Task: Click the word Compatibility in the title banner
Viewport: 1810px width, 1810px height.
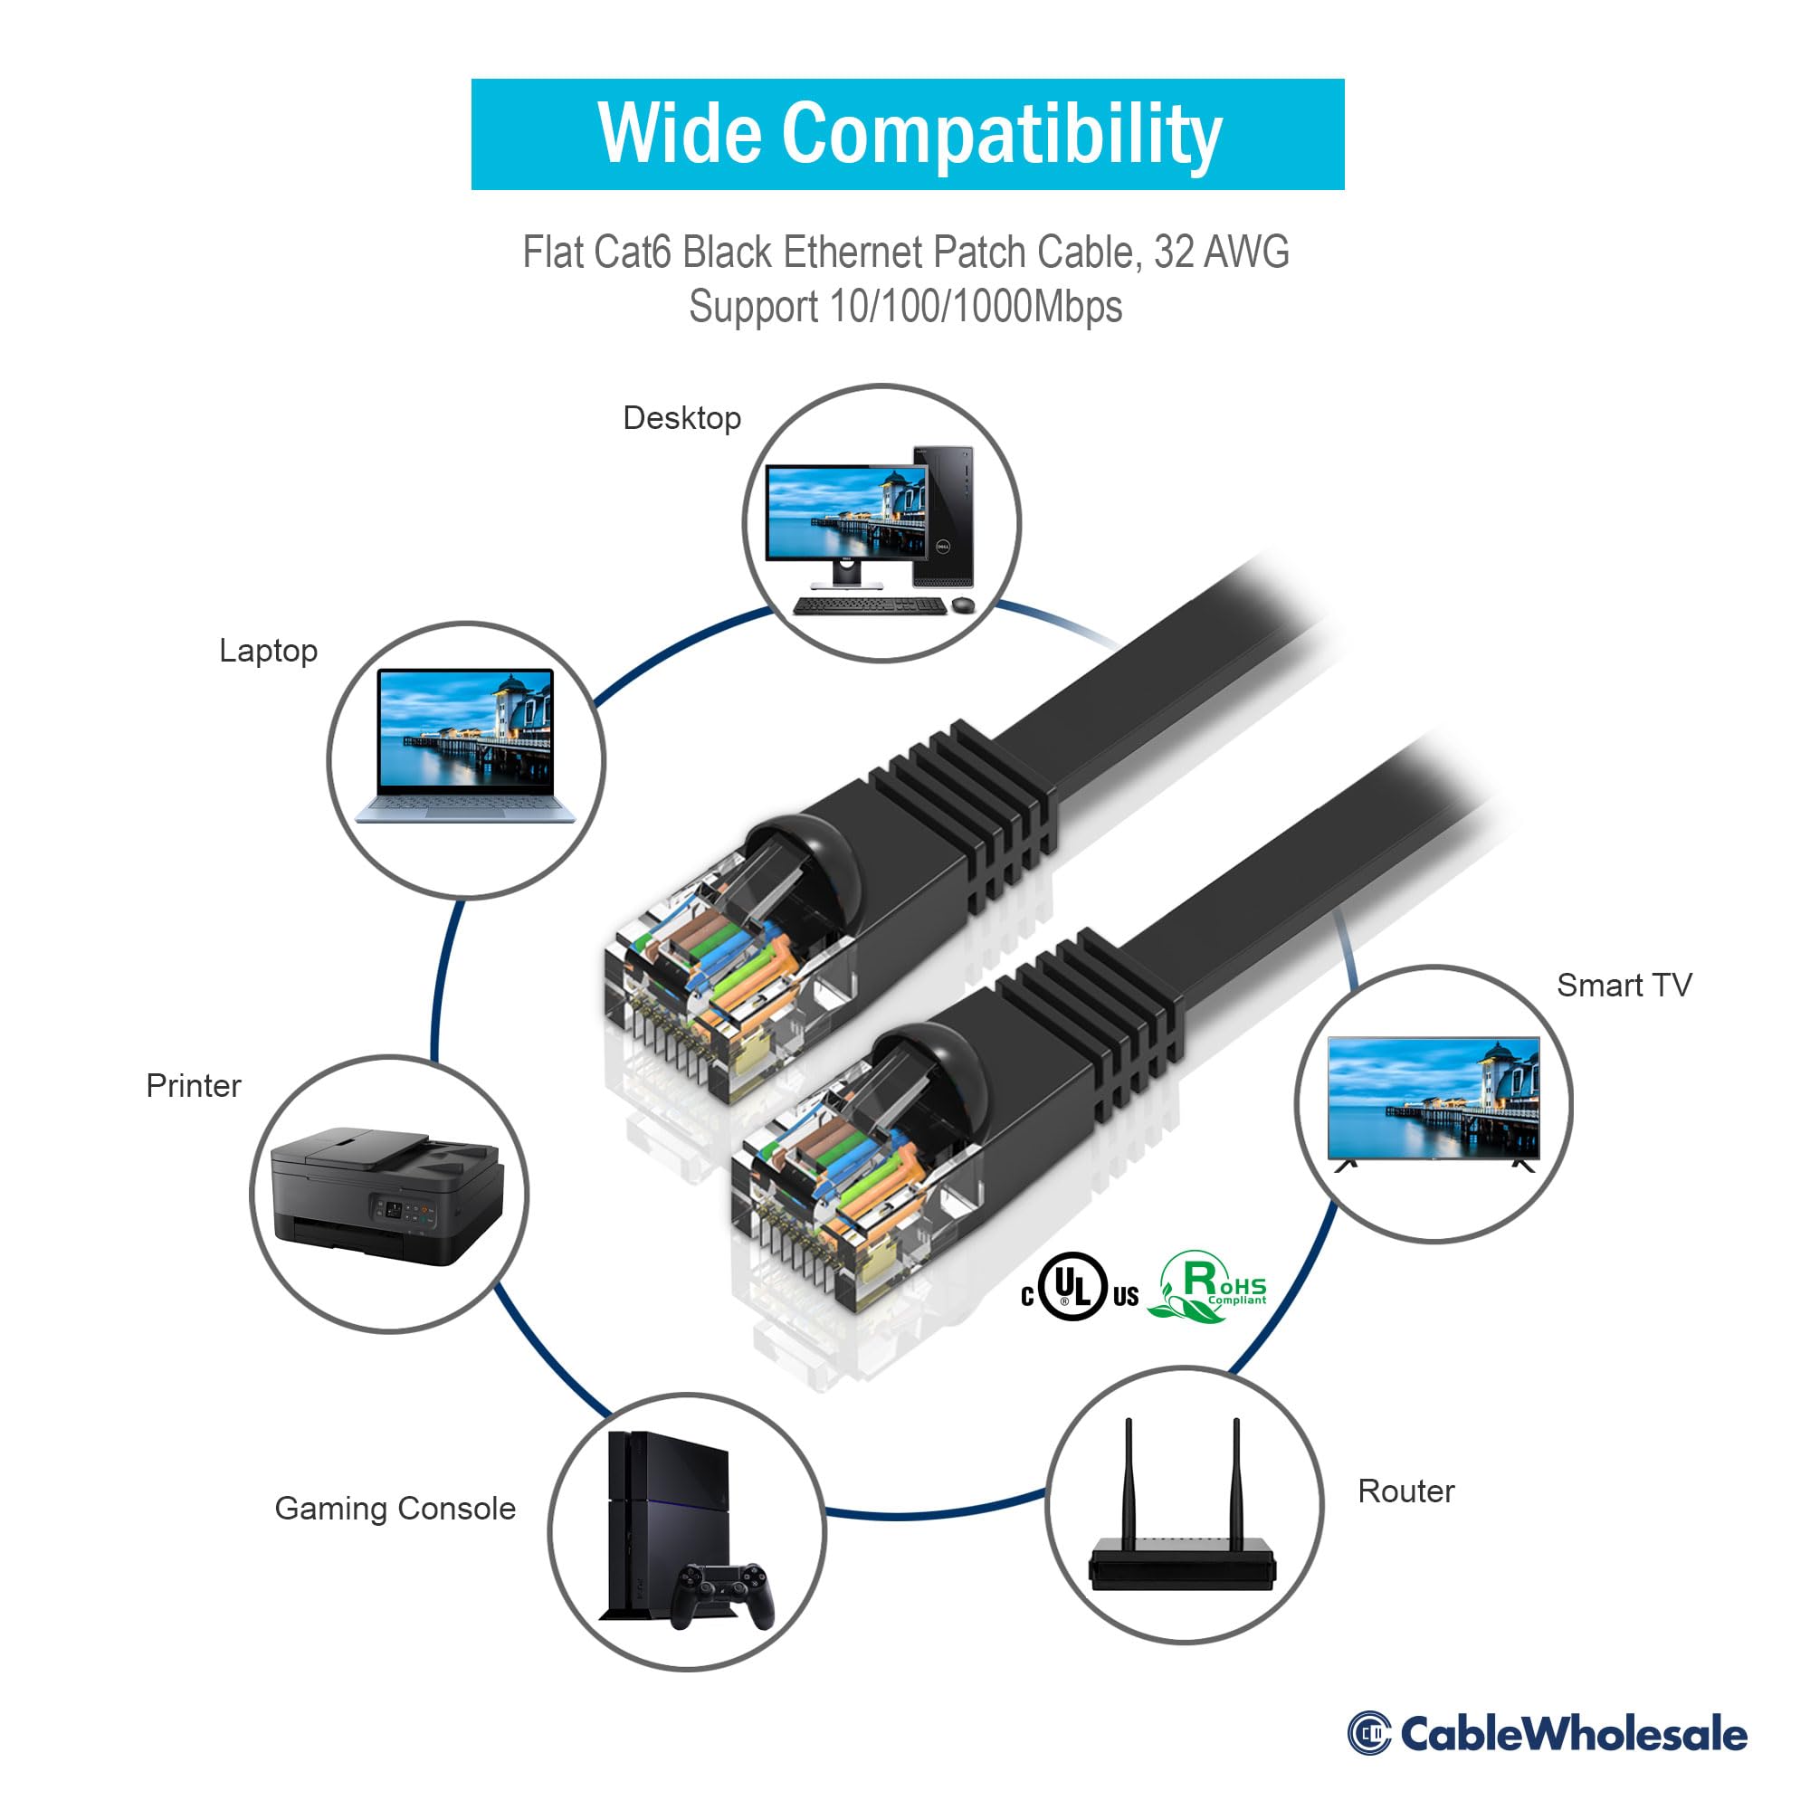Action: [1002, 136]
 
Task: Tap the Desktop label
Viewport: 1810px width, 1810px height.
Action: [681, 418]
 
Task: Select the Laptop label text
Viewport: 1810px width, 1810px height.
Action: [268, 650]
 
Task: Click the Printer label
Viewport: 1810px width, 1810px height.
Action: [193, 1085]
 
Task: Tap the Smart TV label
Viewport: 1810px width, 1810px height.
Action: [1624, 985]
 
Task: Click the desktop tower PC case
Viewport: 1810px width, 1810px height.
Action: [942, 515]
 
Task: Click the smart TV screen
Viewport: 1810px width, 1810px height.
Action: [1434, 1097]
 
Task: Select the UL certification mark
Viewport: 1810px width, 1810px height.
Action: [1073, 1286]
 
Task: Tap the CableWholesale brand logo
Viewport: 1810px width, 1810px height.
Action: [1546, 1733]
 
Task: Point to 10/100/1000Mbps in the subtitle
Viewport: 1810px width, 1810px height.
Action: [976, 308]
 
